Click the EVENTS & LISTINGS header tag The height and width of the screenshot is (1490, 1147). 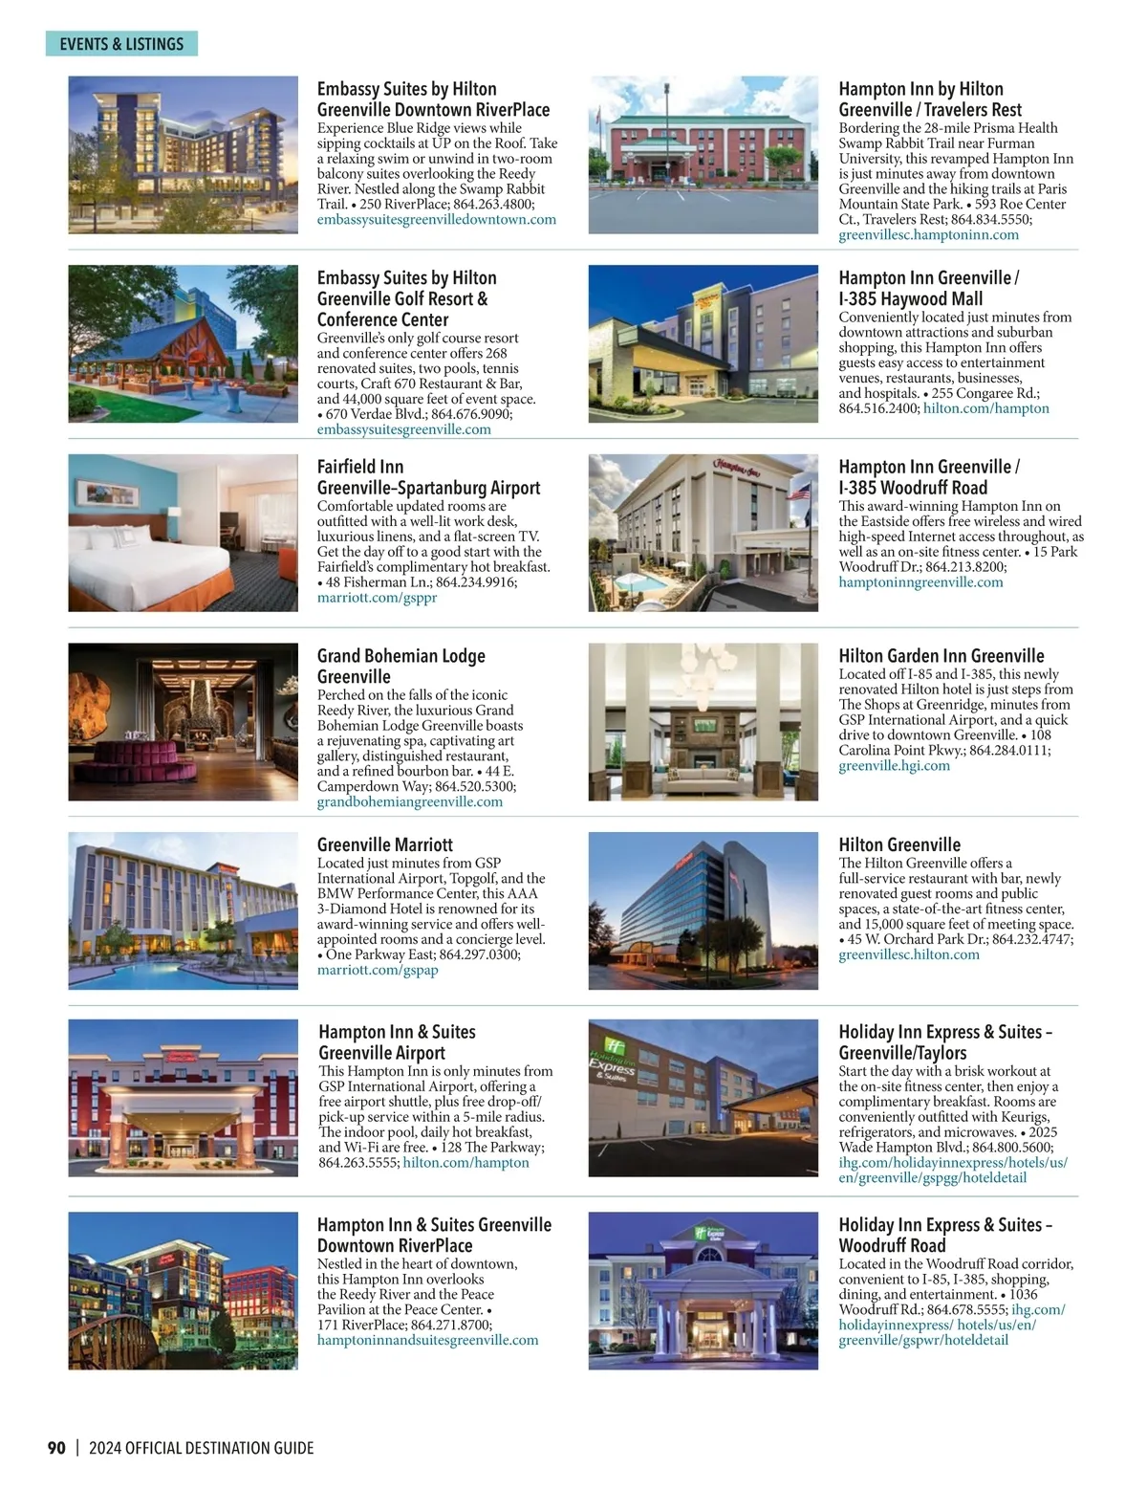121,44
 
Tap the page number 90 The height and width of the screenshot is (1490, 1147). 56,1448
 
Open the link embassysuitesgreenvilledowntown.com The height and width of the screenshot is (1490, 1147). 436,220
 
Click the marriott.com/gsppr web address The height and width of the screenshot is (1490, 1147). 377,598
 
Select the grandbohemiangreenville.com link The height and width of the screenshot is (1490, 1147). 409,801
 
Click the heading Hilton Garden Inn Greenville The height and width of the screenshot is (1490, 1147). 941,656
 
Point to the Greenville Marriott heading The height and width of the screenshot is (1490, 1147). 384,844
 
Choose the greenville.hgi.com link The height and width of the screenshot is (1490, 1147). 894,766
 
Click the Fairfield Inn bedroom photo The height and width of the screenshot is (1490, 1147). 183,532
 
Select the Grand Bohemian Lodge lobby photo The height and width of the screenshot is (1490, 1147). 183,721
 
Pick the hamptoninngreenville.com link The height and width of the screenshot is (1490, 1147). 920,582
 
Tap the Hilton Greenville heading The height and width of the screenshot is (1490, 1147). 898,844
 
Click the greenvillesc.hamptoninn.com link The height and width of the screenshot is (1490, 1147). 928,235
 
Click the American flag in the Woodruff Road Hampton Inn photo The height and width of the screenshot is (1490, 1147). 798,495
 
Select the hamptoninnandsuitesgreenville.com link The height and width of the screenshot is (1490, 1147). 427,1340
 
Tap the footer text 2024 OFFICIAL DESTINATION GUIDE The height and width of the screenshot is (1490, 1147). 201,1448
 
